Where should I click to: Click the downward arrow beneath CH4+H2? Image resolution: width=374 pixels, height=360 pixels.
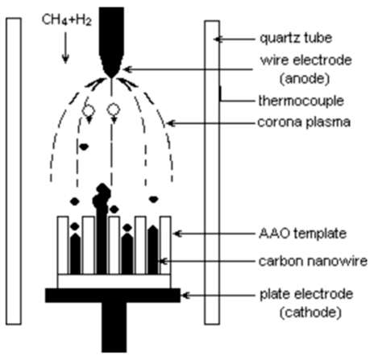click(65, 48)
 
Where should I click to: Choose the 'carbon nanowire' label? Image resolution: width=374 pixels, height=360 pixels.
click(292, 259)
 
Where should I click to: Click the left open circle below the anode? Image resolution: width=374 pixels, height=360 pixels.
click(89, 108)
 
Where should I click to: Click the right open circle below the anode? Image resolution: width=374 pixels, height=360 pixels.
click(114, 108)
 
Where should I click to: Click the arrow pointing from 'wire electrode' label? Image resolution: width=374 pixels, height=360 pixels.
click(177, 69)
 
